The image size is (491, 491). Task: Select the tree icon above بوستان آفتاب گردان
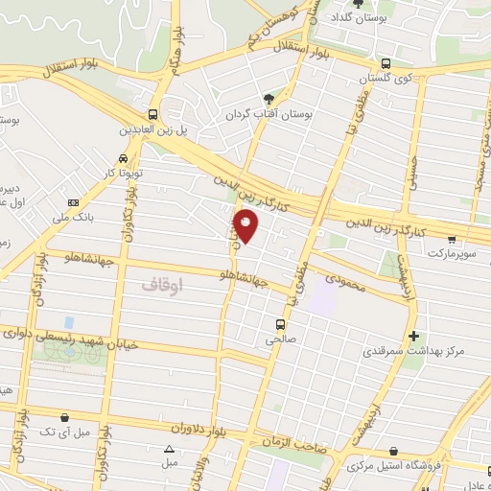coord(269,99)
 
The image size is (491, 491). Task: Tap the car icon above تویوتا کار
coord(123,158)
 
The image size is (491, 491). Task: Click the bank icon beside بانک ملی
coord(74,203)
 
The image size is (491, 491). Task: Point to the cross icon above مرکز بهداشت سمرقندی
coord(413,337)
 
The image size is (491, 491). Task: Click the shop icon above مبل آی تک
coord(64,417)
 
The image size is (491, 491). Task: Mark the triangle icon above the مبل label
coord(170,449)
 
